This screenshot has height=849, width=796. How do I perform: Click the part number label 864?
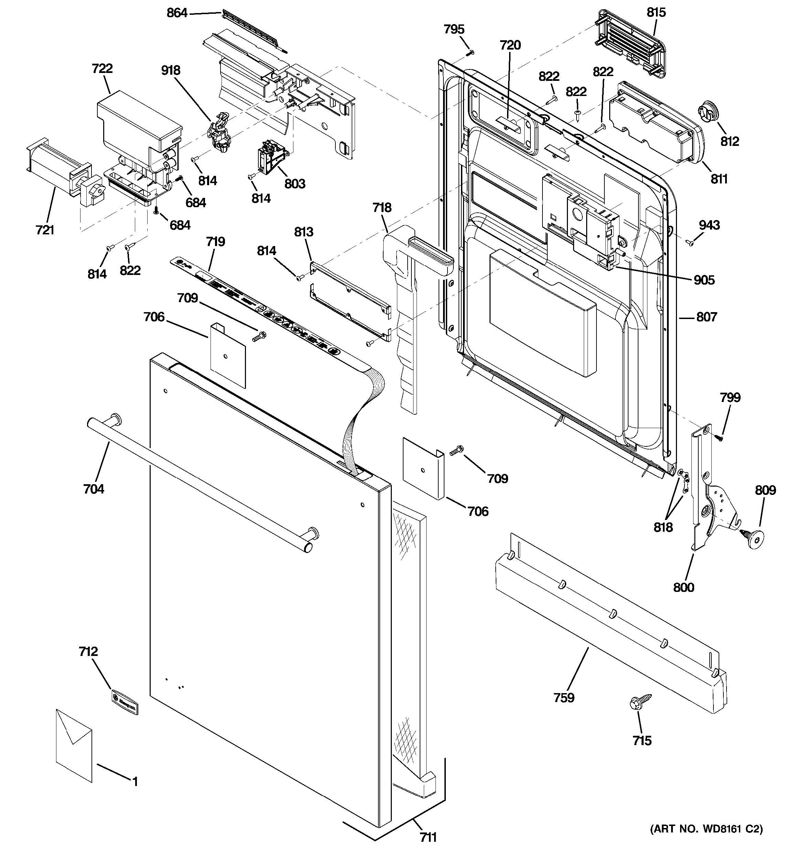[x=177, y=13]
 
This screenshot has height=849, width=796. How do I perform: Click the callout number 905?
[x=704, y=280]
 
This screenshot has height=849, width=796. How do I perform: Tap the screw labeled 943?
[x=689, y=243]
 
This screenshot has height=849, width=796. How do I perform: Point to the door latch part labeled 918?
[x=220, y=132]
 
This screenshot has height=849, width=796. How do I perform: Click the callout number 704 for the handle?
[x=94, y=489]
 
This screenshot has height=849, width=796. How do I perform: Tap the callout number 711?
[x=428, y=837]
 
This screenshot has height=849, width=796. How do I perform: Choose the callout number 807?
[x=707, y=317]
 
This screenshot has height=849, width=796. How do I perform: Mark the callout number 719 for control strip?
[x=216, y=242]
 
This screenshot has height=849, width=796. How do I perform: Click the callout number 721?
[x=45, y=230]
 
